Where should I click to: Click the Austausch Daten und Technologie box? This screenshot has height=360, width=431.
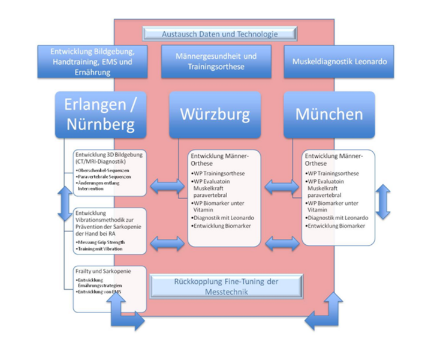[219, 34]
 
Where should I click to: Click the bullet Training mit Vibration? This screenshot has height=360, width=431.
[100, 248]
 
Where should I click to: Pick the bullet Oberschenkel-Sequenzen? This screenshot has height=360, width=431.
[102, 171]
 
